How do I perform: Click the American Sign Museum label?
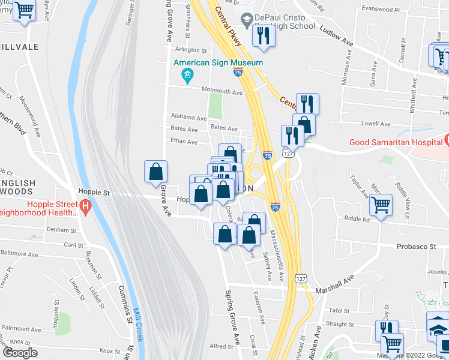(x=218, y=62)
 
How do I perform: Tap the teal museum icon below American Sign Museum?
(x=187, y=75)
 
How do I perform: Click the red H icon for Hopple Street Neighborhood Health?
(x=85, y=208)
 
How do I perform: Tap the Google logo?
(x=20, y=353)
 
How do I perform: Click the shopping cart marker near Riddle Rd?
(x=381, y=205)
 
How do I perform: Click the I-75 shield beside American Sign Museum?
(x=238, y=72)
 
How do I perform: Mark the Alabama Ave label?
(x=184, y=116)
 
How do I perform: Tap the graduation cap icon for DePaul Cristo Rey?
(x=246, y=20)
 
